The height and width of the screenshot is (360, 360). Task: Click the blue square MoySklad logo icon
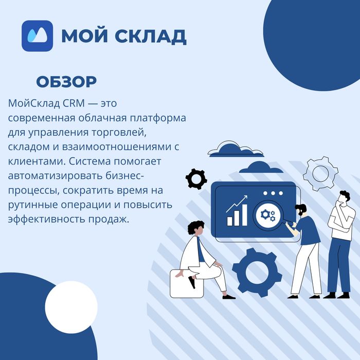[x=38, y=36]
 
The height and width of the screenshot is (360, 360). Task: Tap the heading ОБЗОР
[x=66, y=82]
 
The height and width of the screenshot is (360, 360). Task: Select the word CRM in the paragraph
[x=75, y=103]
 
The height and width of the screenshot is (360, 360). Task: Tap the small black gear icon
[x=195, y=178]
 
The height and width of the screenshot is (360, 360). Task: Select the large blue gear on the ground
[x=257, y=273]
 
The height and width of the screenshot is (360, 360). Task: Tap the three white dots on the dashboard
[x=273, y=193]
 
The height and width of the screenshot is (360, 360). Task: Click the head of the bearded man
[x=301, y=209]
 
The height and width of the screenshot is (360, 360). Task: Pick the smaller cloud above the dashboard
[x=261, y=167]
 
